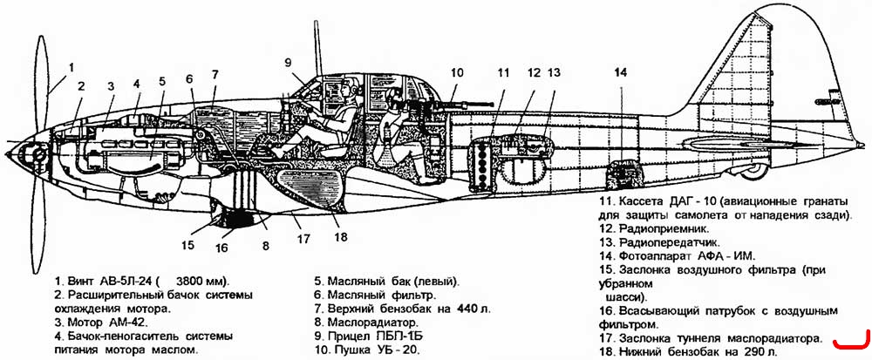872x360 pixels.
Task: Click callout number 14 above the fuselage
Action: click(620, 72)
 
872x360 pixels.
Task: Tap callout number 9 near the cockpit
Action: click(288, 62)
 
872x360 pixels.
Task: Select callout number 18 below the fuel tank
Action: click(341, 236)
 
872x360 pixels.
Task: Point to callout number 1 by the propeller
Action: click(71, 67)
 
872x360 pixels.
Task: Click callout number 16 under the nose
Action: click(221, 248)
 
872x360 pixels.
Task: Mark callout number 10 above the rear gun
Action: click(456, 72)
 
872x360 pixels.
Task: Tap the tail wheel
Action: click(756, 170)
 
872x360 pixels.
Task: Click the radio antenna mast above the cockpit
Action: click(318, 47)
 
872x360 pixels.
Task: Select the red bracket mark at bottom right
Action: click(851, 341)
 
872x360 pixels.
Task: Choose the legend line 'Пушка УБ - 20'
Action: click(377, 350)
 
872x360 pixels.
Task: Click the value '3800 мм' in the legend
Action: click(198, 280)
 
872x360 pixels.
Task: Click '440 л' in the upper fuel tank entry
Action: click(473, 309)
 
